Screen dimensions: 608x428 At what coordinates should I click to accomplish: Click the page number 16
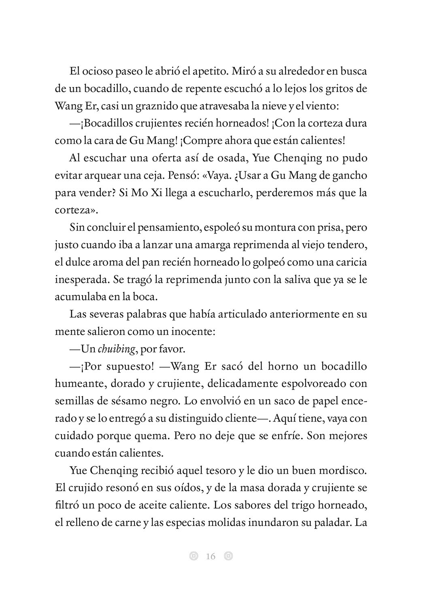click(x=211, y=556)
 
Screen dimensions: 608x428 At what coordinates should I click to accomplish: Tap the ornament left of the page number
click(x=194, y=556)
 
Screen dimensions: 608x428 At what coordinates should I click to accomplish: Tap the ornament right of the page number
click(x=228, y=556)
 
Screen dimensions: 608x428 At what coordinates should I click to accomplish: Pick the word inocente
click(x=192, y=331)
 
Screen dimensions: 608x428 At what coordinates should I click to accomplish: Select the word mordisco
click(x=342, y=470)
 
